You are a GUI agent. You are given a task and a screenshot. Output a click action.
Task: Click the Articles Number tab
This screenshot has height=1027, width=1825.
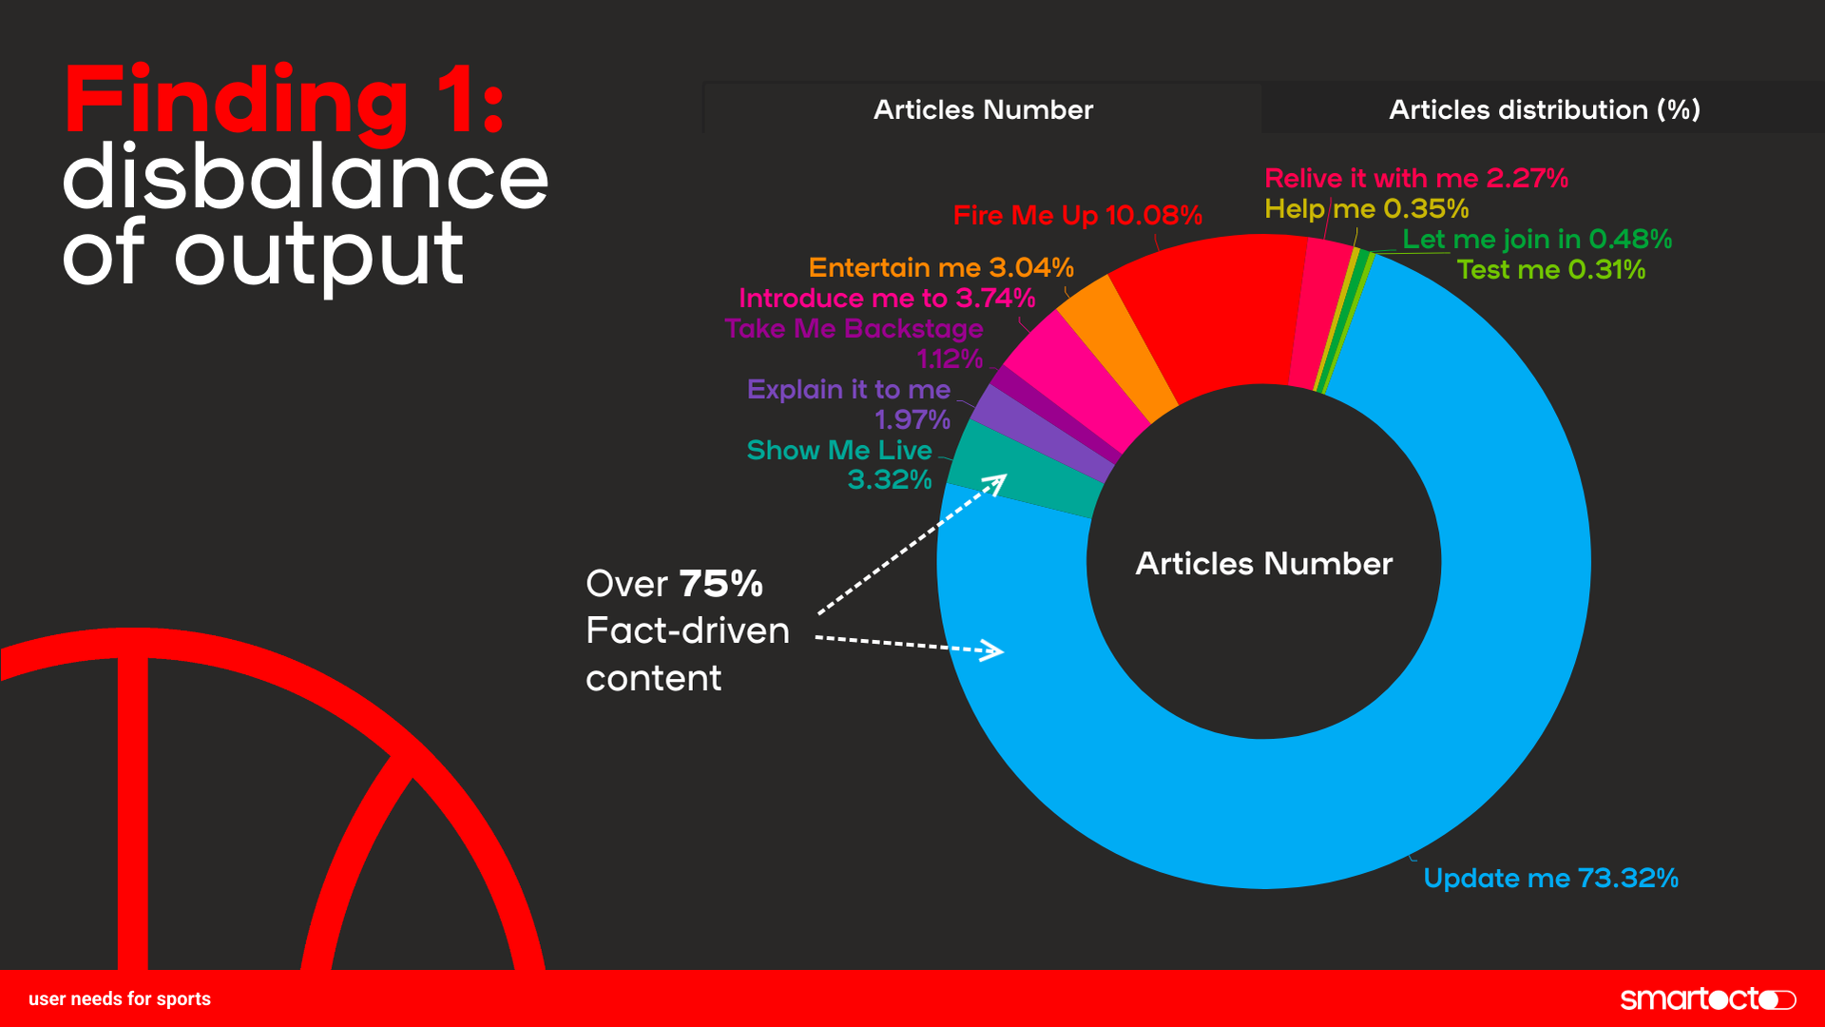(x=983, y=109)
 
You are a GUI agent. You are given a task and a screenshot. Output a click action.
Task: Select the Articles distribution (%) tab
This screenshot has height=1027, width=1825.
(x=1544, y=109)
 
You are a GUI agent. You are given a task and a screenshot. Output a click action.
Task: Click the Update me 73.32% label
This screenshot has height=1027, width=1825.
(x=1550, y=878)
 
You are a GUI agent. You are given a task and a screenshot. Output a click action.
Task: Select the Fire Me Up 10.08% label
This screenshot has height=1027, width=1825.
(x=1077, y=215)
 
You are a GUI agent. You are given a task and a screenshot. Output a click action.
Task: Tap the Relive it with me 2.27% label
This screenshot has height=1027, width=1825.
(x=1415, y=178)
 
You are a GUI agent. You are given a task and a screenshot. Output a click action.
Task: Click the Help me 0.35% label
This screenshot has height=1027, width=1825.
(x=1366, y=208)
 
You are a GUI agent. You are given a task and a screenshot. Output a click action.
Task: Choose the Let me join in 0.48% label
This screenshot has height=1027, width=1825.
(x=1537, y=239)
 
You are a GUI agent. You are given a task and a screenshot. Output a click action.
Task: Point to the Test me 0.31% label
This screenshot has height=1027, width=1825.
(x=1550, y=269)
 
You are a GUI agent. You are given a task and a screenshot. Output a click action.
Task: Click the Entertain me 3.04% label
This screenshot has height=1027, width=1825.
(x=940, y=267)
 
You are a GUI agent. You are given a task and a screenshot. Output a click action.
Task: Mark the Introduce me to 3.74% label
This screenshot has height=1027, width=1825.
(x=886, y=298)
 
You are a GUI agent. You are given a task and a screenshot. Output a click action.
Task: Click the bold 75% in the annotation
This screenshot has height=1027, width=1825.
(x=720, y=584)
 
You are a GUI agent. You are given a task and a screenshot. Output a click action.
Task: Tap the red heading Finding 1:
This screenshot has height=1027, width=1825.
(x=283, y=100)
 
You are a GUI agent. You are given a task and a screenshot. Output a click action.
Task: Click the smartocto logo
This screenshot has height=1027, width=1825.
(x=1707, y=998)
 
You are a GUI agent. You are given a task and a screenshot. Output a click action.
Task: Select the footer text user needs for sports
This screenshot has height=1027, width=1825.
(x=120, y=998)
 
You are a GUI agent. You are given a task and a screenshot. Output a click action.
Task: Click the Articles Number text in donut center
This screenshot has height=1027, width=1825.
(x=1263, y=563)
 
